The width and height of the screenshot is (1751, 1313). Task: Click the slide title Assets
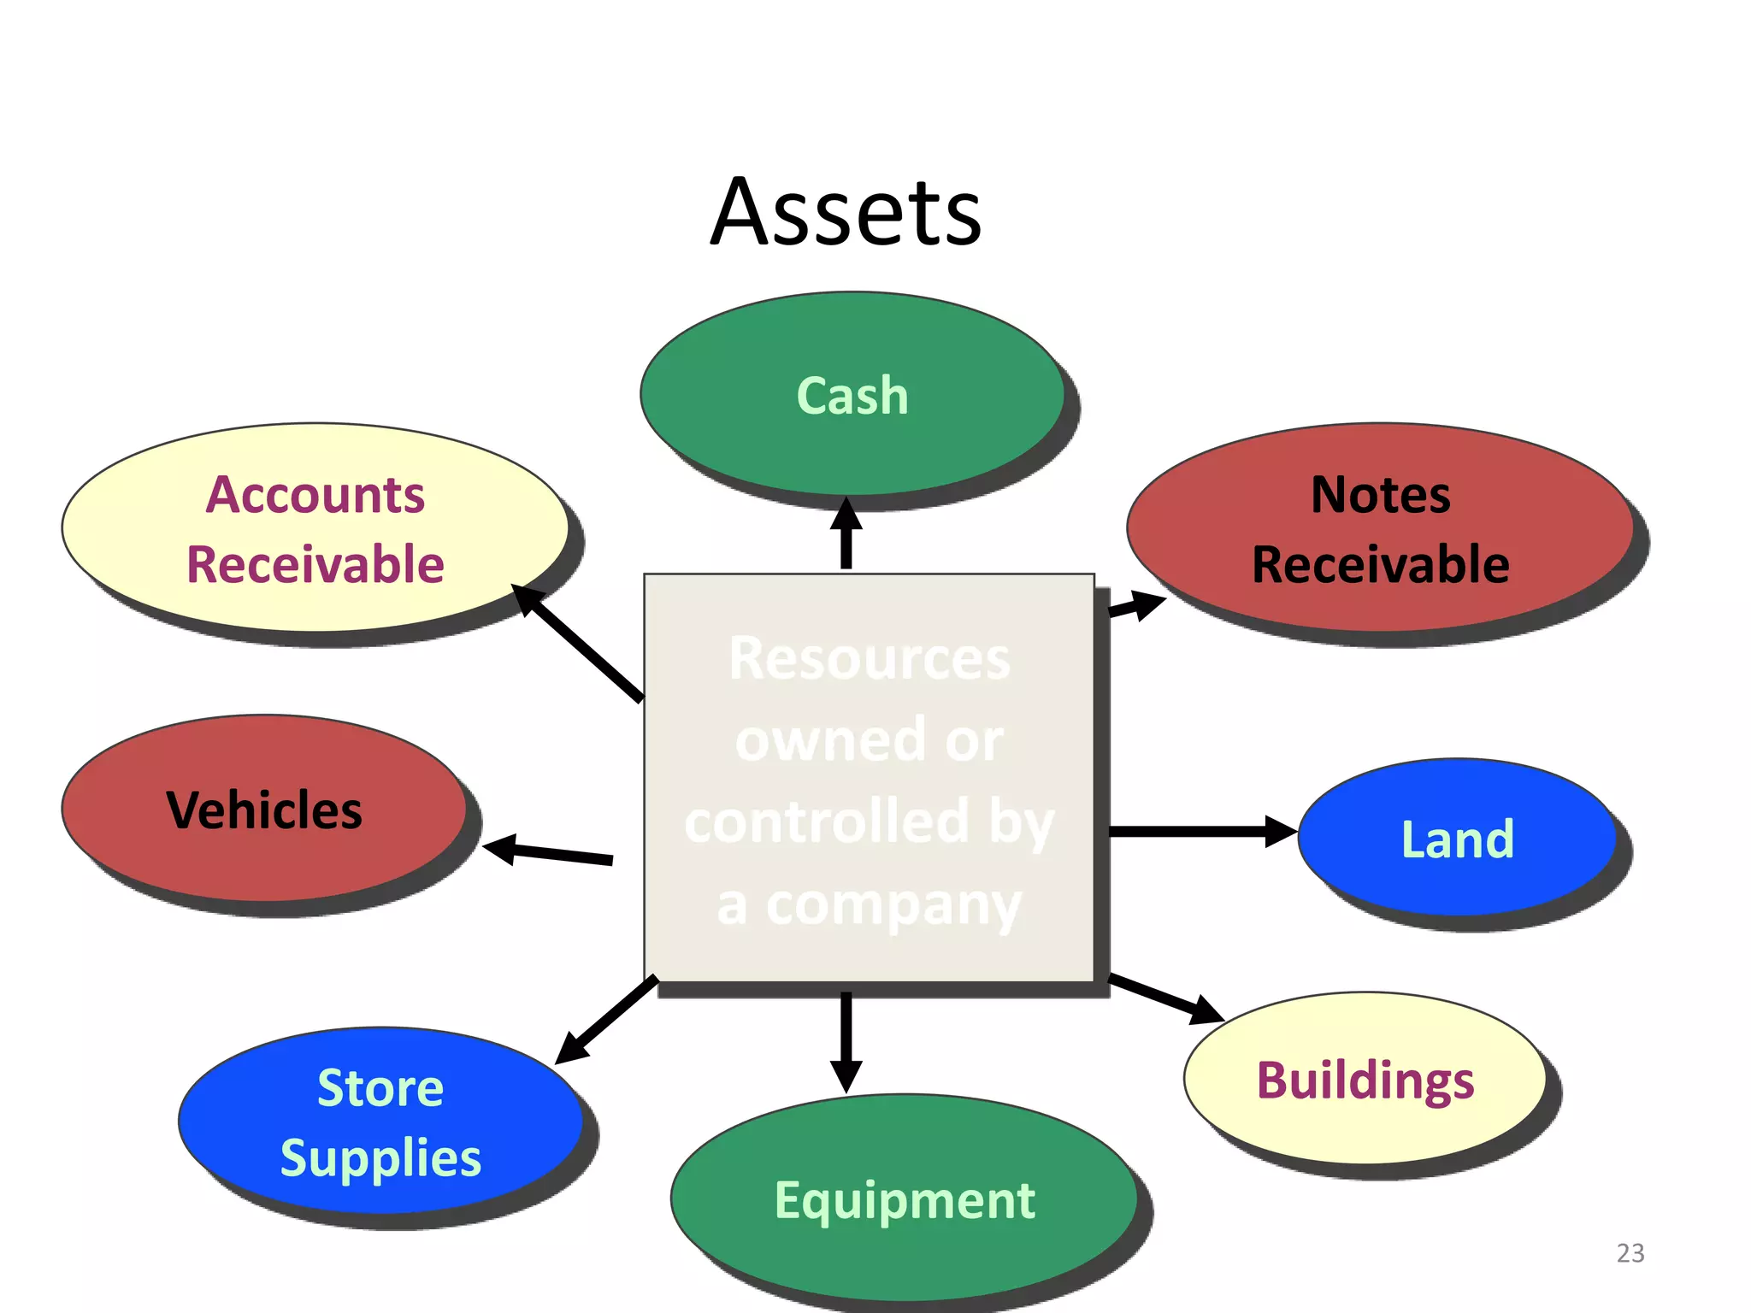click(846, 212)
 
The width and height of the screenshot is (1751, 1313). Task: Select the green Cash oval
click(852, 395)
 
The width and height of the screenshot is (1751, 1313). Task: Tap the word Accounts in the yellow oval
click(315, 495)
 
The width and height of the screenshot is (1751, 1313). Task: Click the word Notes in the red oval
click(1380, 495)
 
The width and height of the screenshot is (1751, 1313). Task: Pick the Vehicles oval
click(264, 810)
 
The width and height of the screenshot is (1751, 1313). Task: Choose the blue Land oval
click(1457, 839)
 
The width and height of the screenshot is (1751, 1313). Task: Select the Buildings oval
click(1365, 1080)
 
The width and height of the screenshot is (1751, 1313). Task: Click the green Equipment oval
click(904, 1199)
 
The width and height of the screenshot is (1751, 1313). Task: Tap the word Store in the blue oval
click(380, 1088)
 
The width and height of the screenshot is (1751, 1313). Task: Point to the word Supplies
click(380, 1158)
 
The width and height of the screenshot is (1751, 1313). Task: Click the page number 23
click(1630, 1253)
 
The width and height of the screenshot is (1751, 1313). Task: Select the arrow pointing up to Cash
click(846, 534)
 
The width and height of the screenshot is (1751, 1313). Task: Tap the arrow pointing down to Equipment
click(846, 1039)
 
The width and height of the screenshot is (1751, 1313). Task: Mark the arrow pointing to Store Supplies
click(607, 1019)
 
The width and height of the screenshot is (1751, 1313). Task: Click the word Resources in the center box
click(869, 659)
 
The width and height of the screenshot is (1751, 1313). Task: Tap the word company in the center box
click(893, 906)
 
